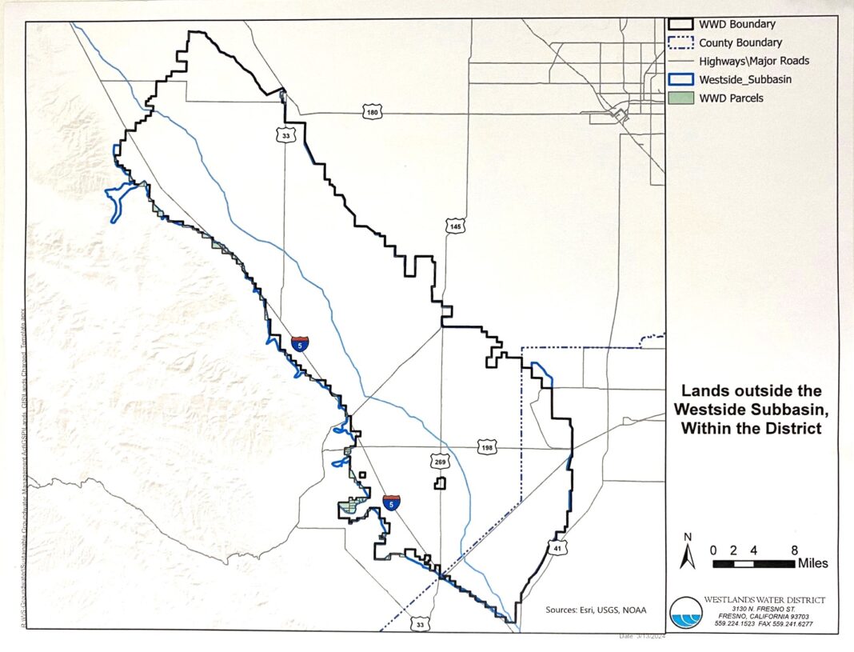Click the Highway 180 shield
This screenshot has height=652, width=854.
point(370,113)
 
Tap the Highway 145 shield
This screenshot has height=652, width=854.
point(455,227)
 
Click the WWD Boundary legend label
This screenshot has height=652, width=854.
point(736,25)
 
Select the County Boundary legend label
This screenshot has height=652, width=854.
point(740,42)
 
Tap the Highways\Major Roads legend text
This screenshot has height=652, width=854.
point(754,61)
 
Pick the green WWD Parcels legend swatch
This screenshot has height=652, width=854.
point(680,98)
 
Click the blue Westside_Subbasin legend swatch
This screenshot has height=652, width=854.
point(680,79)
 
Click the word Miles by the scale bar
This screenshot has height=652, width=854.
point(812,563)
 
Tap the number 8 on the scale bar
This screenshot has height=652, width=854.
point(794,550)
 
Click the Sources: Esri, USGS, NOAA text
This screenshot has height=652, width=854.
point(596,610)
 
